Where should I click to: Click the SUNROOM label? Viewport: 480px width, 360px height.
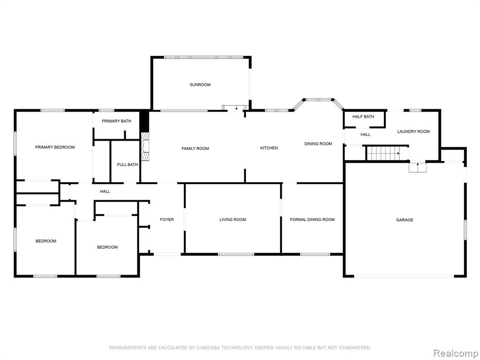pyautogui.click(x=200, y=85)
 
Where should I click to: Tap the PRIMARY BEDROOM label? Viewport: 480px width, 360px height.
pyautogui.click(x=55, y=147)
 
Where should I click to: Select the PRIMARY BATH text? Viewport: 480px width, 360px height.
pyautogui.click(x=116, y=121)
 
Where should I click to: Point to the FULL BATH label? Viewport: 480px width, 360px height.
pyautogui.click(x=127, y=165)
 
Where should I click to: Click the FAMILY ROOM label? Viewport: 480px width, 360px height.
pyautogui.click(x=195, y=149)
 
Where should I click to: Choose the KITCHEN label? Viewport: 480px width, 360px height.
pyautogui.click(x=269, y=148)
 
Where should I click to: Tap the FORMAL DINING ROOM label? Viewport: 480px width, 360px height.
pyautogui.click(x=312, y=219)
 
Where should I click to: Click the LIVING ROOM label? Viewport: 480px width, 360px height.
pyautogui.click(x=232, y=219)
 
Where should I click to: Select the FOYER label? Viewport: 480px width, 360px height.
pyautogui.click(x=167, y=219)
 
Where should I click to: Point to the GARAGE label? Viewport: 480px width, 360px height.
pyautogui.click(x=405, y=220)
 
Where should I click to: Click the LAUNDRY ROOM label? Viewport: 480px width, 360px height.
pyautogui.click(x=413, y=131)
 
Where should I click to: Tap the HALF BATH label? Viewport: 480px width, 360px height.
pyautogui.click(x=363, y=117)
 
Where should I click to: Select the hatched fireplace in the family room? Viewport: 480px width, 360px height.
pyautogui.click(x=145, y=147)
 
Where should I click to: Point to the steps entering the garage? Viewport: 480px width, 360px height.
pyautogui.click(x=418, y=167)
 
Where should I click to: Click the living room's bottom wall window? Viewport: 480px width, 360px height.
pyautogui.click(x=236, y=254)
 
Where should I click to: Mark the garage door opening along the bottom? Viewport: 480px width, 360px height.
pyautogui.click(x=404, y=276)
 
